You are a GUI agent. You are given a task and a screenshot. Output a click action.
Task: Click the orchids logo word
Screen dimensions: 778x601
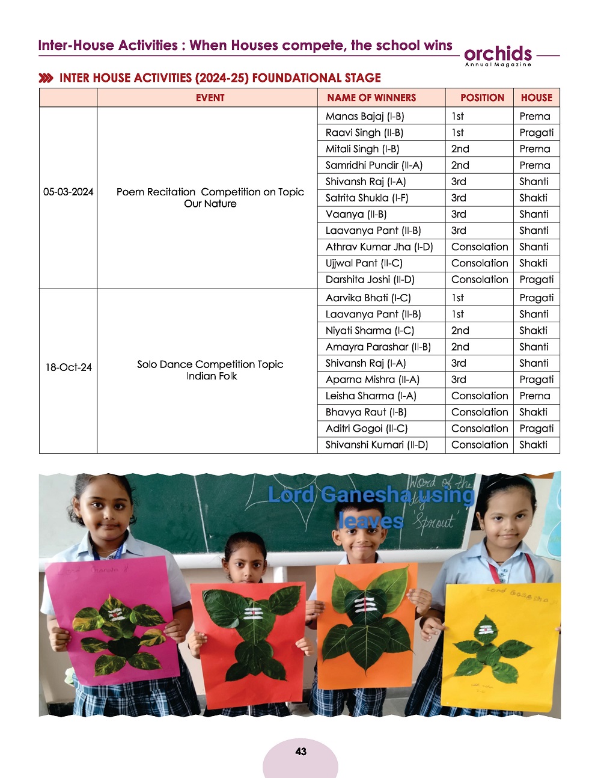[498, 53]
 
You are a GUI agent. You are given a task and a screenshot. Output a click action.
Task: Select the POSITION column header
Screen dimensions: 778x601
[482, 97]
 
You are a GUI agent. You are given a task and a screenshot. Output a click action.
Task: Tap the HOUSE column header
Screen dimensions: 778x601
[536, 97]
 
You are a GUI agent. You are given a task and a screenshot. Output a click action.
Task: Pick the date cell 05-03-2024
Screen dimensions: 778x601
[68, 192]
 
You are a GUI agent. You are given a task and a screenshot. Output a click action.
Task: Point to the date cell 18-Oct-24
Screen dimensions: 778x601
[69, 367]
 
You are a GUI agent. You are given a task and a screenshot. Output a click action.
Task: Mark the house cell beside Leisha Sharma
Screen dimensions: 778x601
[534, 396]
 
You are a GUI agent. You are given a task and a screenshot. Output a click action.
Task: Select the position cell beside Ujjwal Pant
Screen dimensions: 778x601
[479, 263]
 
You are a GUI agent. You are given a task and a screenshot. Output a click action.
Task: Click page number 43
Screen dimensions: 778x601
[300, 752]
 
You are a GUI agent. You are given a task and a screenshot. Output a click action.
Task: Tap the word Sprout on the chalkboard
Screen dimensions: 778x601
[434, 521]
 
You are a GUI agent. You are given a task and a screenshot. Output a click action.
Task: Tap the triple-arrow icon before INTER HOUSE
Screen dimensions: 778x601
[46, 78]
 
